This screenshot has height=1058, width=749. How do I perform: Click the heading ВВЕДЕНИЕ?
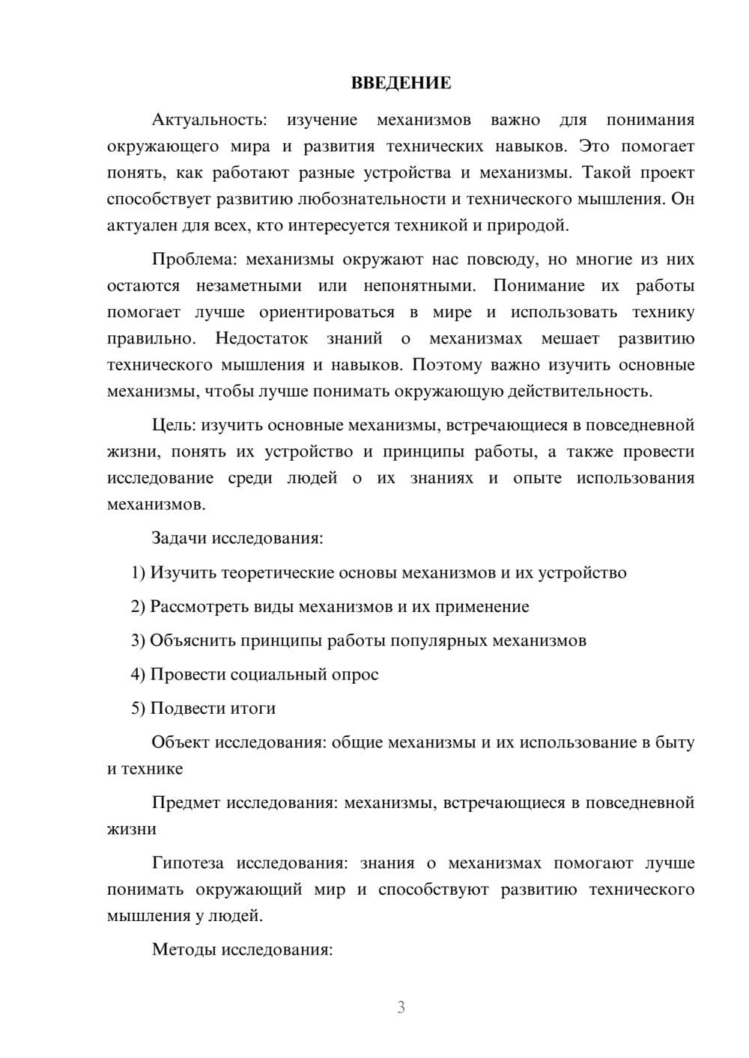(401, 83)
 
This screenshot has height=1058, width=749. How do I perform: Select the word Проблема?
(194, 260)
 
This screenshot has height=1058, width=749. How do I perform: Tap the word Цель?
(174, 425)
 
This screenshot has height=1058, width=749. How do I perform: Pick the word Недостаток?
(261, 338)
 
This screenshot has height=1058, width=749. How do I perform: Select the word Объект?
(181, 742)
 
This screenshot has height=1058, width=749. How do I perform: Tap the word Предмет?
(186, 803)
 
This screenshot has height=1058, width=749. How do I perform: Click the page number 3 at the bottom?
(401, 1007)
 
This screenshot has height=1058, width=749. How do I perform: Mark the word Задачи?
(180, 539)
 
